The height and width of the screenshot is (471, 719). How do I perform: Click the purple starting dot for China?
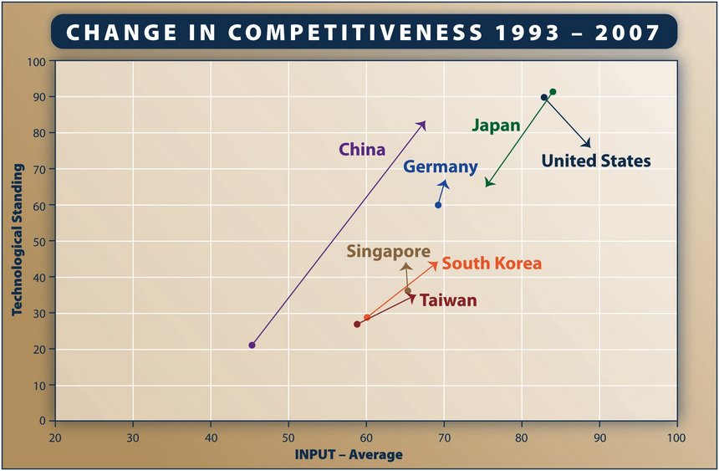click(252, 345)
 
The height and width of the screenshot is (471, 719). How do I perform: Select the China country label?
click(362, 150)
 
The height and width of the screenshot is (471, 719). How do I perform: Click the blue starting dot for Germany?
click(438, 205)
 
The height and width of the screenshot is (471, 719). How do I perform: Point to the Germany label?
click(440, 166)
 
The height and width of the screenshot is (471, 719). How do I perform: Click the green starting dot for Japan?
click(553, 92)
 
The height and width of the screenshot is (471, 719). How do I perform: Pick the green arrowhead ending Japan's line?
click(487, 184)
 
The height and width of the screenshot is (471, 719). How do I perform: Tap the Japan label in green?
click(496, 125)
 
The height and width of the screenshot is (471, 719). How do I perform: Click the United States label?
click(595, 161)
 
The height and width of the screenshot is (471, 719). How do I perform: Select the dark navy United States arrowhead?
click(589, 145)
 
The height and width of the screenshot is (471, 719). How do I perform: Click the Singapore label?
click(389, 251)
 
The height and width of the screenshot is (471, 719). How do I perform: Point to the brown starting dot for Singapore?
click(408, 291)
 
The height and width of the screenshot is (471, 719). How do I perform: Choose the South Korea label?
click(492, 264)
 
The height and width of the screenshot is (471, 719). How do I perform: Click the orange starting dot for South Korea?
click(366, 318)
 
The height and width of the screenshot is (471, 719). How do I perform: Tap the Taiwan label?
click(448, 300)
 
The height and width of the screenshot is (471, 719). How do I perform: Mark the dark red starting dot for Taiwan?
click(357, 324)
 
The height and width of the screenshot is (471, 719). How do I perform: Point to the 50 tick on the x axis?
click(288, 438)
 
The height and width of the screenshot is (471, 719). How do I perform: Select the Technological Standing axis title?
click(16, 241)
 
